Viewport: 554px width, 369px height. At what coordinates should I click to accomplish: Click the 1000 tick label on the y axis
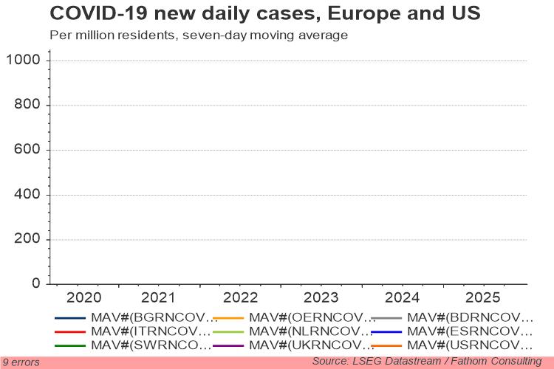[24, 60]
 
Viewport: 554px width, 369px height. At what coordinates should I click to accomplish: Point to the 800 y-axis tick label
[27, 104]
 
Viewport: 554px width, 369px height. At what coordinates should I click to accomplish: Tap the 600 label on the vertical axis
[27, 149]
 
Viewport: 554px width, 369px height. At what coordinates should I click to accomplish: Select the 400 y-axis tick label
[27, 194]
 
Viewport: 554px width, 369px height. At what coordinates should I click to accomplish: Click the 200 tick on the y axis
[27, 238]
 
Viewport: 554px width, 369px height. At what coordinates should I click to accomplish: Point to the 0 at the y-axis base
[36, 283]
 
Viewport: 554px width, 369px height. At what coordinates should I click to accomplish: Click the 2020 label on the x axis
[83, 297]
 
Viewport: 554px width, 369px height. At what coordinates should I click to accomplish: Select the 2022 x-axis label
[240, 297]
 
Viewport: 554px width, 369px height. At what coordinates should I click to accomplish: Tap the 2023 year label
[321, 297]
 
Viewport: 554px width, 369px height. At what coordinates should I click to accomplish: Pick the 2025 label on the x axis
[482, 297]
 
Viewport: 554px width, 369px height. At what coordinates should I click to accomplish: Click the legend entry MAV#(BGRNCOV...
[154, 317]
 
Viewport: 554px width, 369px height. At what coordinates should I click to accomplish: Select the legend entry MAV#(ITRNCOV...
[151, 331]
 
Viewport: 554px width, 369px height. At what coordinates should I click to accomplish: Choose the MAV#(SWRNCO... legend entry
[151, 345]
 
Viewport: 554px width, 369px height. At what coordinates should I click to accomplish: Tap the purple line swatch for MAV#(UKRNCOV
[228, 345]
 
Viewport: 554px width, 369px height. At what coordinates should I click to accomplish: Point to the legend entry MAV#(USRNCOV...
[470, 345]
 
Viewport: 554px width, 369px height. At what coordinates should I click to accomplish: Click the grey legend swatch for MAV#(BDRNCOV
[386, 318]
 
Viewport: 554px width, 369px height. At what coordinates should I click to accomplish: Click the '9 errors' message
[21, 362]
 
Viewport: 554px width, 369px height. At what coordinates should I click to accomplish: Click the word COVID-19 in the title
[99, 13]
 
